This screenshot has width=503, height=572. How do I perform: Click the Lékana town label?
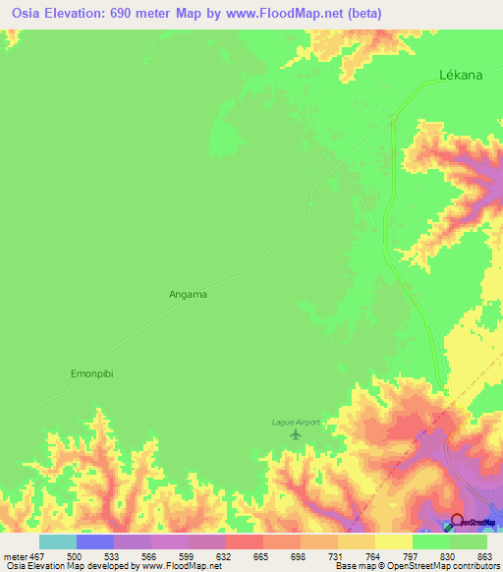coord(460,75)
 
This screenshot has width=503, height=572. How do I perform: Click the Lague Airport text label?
coord(297,422)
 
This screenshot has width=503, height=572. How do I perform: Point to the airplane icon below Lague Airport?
coord(297,434)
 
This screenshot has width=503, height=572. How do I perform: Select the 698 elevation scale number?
coord(299,555)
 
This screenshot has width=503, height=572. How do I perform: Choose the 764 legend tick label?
coord(373,555)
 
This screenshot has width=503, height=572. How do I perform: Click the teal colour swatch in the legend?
coord(58,542)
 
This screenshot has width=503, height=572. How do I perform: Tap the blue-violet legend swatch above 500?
coord(95,542)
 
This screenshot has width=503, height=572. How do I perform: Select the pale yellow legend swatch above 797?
coord(393,542)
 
